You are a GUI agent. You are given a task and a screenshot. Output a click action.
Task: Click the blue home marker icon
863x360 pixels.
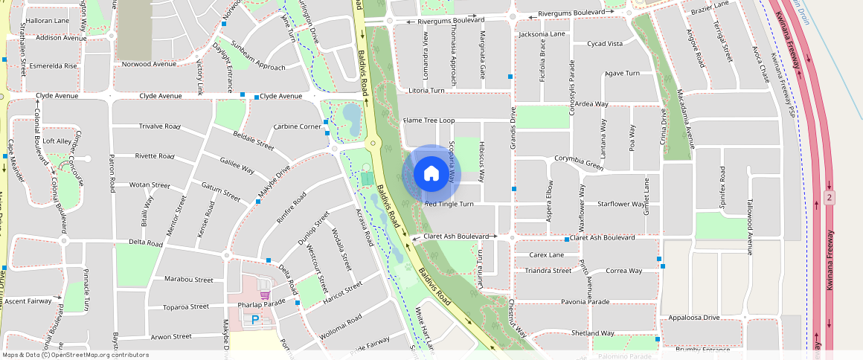[431, 174]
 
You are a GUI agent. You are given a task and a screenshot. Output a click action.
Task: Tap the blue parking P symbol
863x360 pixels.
[255, 320]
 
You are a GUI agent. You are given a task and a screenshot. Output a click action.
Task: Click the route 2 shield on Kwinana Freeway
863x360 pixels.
[828, 198]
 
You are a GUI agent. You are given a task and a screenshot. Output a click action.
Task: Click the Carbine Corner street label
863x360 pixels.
[298, 126]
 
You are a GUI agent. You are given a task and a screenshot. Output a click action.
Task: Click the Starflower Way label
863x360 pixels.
[622, 204]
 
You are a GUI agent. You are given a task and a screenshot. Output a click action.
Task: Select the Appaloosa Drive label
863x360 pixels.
[694, 318]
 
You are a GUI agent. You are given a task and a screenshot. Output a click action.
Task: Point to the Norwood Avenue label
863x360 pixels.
[149, 64]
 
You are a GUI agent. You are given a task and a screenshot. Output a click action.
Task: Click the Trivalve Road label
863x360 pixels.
[160, 126]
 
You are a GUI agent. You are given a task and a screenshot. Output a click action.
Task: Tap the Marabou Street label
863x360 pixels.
[189, 280]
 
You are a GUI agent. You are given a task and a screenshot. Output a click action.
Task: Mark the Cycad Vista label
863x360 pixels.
[605, 44]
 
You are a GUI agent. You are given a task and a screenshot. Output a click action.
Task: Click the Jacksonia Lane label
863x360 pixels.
[542, 34]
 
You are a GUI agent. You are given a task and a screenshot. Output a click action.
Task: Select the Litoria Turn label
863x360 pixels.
[426, 90]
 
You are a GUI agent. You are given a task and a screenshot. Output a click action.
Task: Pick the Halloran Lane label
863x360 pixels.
[48, 22]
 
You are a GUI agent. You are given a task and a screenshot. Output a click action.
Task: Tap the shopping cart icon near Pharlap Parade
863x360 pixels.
[261, 284]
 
